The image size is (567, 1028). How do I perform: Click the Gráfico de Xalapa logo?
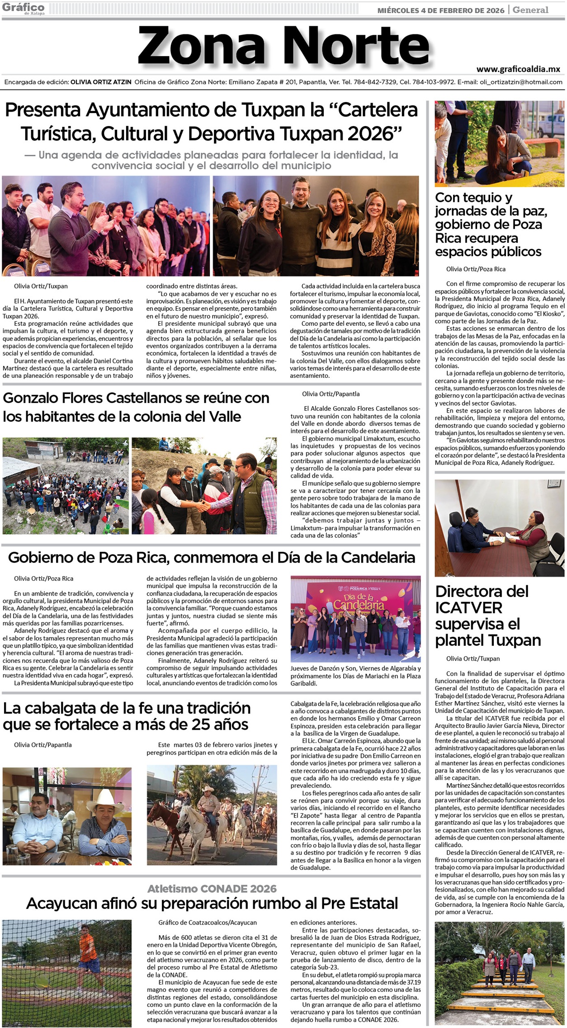[x=23, y=8]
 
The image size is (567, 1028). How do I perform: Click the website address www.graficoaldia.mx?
[x=518, y=69]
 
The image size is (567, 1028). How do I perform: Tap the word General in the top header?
[x=530, y=9]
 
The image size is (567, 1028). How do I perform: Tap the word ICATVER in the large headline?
[x=468, y=607]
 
